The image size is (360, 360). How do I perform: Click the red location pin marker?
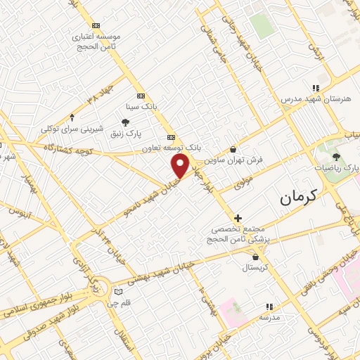click(181, 166)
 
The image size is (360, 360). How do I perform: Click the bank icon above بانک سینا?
click(141, 96)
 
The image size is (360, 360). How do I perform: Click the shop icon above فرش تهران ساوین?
click(233, 149)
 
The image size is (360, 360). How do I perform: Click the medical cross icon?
click(238, 218)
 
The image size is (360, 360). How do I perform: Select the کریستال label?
click(255, 268)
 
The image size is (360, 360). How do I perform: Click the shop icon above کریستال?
click(254, 257)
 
